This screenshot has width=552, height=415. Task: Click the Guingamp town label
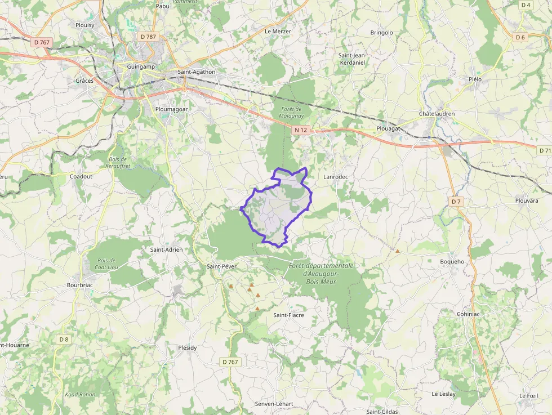(x=133, y=67)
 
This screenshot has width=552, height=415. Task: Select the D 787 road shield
(x=148, y=37)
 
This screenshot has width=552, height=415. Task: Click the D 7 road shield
(x=456, y=201)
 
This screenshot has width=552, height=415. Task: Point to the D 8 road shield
(x=64, y=339)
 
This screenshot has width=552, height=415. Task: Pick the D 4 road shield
(x=526, y=5)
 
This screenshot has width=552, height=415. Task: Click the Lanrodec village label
(x=336, y=177)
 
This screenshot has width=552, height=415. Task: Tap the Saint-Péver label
(x=221, y=266)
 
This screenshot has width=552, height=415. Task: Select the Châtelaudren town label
(x=437, y=114)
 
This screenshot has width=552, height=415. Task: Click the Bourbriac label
(x=79, y=285)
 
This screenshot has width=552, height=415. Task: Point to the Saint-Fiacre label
(x=288, y=315)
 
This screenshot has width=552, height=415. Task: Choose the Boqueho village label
(x=452, y=262)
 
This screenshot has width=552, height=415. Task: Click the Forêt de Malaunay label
(x=291, y=112)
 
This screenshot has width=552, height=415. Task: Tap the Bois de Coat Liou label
(x=106, y=264)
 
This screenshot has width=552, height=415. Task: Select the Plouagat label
(x=388, y=128)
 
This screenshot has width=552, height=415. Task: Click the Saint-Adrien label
(x=166, y=249)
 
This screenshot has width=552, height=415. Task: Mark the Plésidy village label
(x=188, y=347)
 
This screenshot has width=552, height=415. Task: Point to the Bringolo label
(x=381, y=33)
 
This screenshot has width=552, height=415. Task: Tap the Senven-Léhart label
(x=274, y=404)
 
